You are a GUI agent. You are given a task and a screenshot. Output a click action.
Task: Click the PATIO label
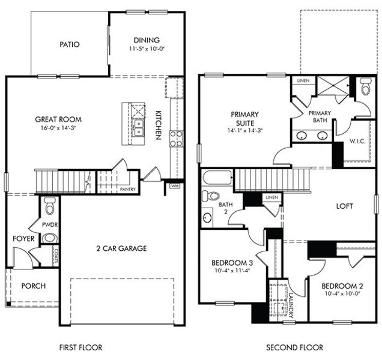[70, 44]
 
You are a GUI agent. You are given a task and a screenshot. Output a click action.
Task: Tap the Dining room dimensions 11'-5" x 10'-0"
[147, 49]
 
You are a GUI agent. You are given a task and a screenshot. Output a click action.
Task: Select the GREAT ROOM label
[58, 119]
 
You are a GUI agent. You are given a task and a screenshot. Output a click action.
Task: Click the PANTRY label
[128, 190]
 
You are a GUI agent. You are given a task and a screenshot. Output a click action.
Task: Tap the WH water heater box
[175, 186]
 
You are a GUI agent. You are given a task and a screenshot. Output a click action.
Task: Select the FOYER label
[23, 239]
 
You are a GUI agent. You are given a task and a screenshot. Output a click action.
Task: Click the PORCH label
[33, 286]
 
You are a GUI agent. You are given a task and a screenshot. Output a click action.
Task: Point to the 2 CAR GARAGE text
[122, 248]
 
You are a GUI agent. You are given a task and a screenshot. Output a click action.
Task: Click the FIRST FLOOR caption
[80, 347]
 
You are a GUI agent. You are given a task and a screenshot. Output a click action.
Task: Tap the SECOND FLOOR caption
[295, 347]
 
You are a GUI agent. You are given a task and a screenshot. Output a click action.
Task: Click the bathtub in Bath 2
[217, 178]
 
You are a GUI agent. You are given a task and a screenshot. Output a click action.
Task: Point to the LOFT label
[344, 206]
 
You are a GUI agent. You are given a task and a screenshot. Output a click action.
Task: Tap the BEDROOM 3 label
[232, 263]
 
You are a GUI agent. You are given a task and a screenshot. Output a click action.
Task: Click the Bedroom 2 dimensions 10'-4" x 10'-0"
[341, 293]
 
